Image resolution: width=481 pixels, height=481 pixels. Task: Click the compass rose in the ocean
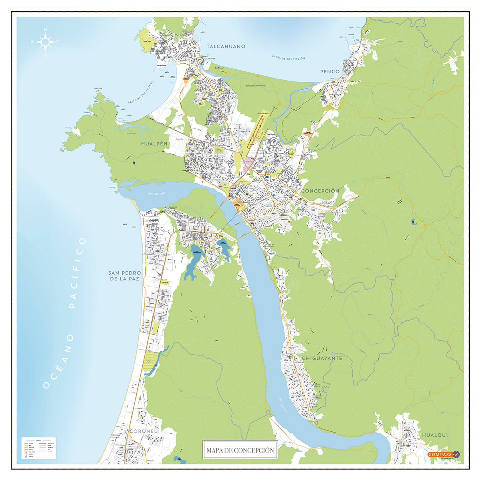click(x=46, y=41)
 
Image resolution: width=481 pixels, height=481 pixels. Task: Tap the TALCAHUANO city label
click(x=226, y=46)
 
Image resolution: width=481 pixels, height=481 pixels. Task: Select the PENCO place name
click(x=330, y=72)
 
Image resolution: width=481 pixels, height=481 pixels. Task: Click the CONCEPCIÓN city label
click(x=320, y=191)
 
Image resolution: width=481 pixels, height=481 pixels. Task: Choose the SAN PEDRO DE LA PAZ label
click(x=124, y=276)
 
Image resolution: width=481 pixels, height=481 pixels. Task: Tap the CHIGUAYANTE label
click(x=322, y=358)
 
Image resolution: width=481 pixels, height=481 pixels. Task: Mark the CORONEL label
click(x=142, y=431)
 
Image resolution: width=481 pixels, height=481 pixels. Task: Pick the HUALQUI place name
click(x=435, y=435)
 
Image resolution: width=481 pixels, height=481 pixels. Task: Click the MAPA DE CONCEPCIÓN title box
click(x=240, y=450)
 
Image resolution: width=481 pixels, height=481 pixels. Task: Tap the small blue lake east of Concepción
click(x=413, y=221)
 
